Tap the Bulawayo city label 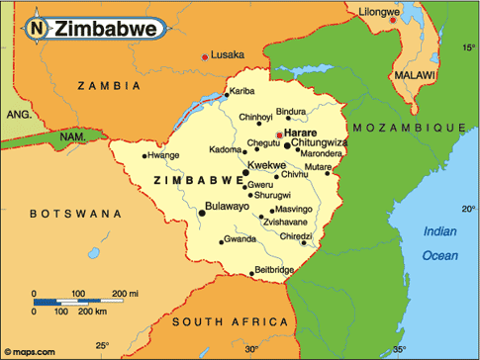[x=229, y=208]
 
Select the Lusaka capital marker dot [x=206, y=57]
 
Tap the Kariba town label [x=243, y=92]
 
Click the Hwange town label [x=164, y=155]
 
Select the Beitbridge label [x=274, y=270]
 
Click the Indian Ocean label [x=440, y=243]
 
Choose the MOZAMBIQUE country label [x=409, y=129]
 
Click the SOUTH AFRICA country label [x=220, y=322]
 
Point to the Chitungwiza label [x=320, y=143]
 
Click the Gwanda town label [x=240, y=239]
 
